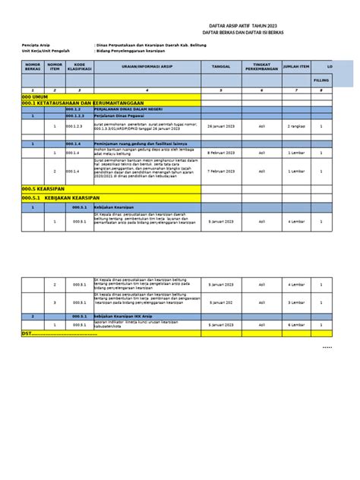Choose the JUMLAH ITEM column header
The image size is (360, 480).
coord(296,67)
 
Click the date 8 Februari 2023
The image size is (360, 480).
coord(221,152)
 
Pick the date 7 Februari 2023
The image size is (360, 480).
coord(221,172)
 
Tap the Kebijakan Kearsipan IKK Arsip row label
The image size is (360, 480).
coord(128,315)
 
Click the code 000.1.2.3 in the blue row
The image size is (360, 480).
coord(84,116)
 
